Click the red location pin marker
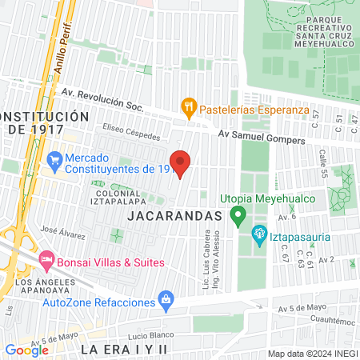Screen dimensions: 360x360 coord(180,162)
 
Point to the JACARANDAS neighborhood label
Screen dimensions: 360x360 coord(174,216)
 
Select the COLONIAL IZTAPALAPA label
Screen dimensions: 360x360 coord(122,198)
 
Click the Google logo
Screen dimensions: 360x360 coord(26,350)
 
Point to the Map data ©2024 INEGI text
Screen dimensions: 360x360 coord(311,354)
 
